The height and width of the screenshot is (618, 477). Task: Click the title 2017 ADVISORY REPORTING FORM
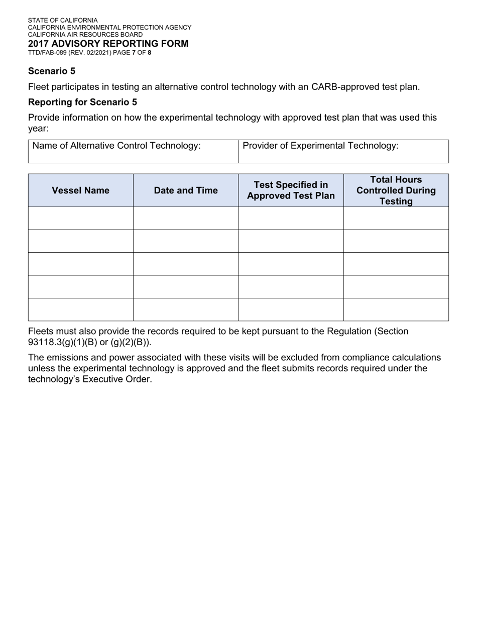(108, 44)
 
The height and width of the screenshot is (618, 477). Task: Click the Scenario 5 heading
(52, 71)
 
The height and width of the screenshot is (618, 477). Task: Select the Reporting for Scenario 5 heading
(82, 102)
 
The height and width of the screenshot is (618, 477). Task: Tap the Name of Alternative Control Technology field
(133, 151)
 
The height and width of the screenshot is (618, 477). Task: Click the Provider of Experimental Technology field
(343, 151)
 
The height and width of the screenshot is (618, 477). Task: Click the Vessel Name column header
(80, 190)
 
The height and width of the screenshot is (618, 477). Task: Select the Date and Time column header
(186, 190)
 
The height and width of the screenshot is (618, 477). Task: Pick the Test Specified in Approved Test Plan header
(291, 190)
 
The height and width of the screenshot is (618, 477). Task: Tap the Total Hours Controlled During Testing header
(396, 190)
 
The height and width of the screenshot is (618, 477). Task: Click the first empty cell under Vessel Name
(80, 218)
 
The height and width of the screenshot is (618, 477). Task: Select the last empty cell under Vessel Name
(80, 310)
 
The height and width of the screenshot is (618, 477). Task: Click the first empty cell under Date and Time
(186, 218)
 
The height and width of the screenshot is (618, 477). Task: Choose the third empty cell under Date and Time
(186, 264)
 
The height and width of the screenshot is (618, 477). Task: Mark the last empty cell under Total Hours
(396, 310)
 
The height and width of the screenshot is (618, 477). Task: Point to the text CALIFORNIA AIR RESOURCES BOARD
(85, 35)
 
